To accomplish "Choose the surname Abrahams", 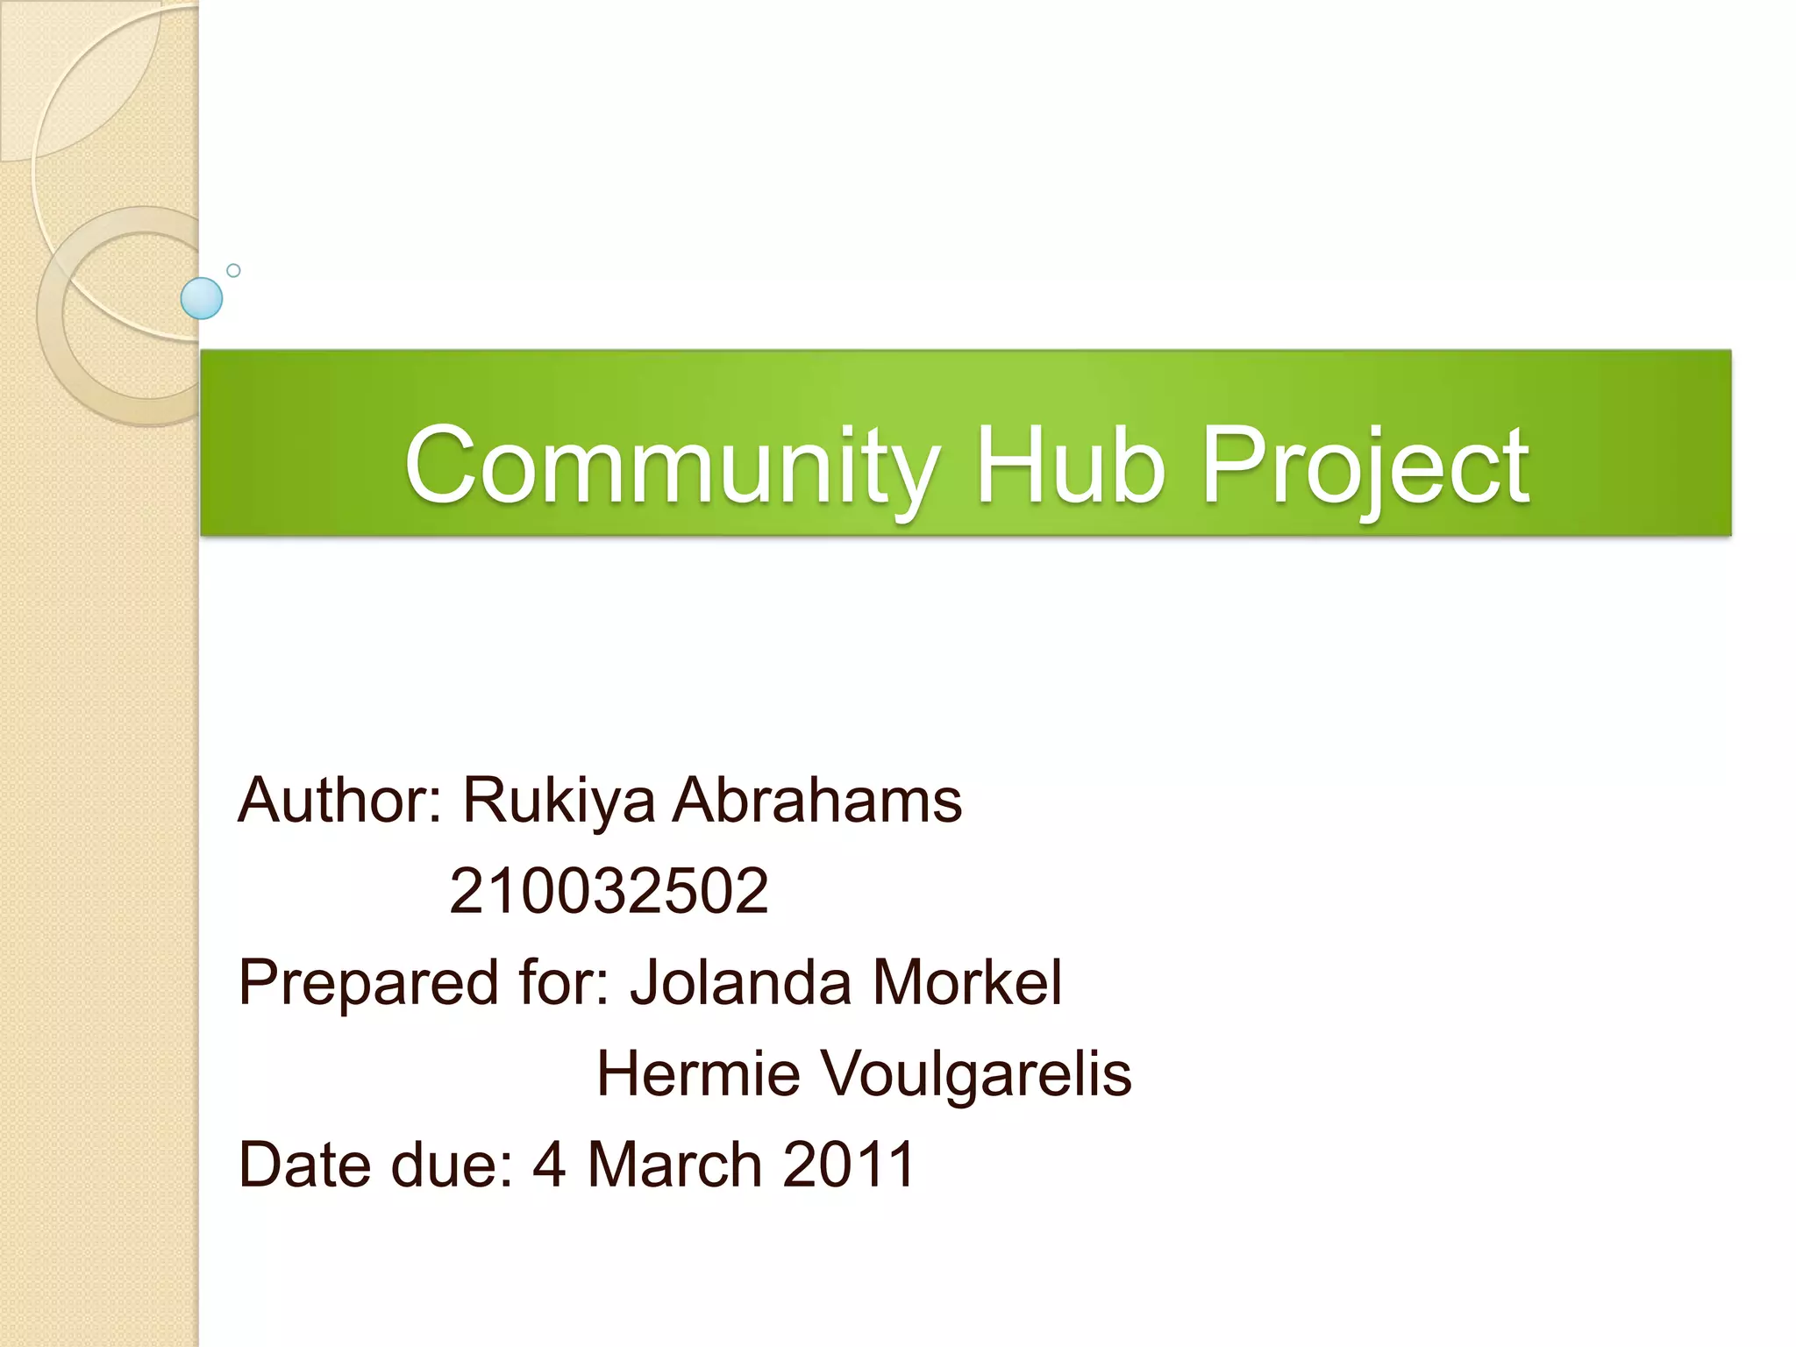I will pyautogui.click(x=816, y=800).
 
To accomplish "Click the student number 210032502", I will pyautogui.click(x=609, y=891).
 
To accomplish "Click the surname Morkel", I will pyautogui.click(x=966, y=982).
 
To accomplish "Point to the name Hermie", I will pyautogui.click(x=698, y=1073).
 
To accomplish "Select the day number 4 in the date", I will pyautogui.click(x=549, y=1165).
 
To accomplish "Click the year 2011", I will pyautogui.click(x=848, y=1165).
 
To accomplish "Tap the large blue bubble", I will pyautogui.click(x=202, y=298).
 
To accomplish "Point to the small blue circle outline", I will pyautogui.click(x=233, y=270).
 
